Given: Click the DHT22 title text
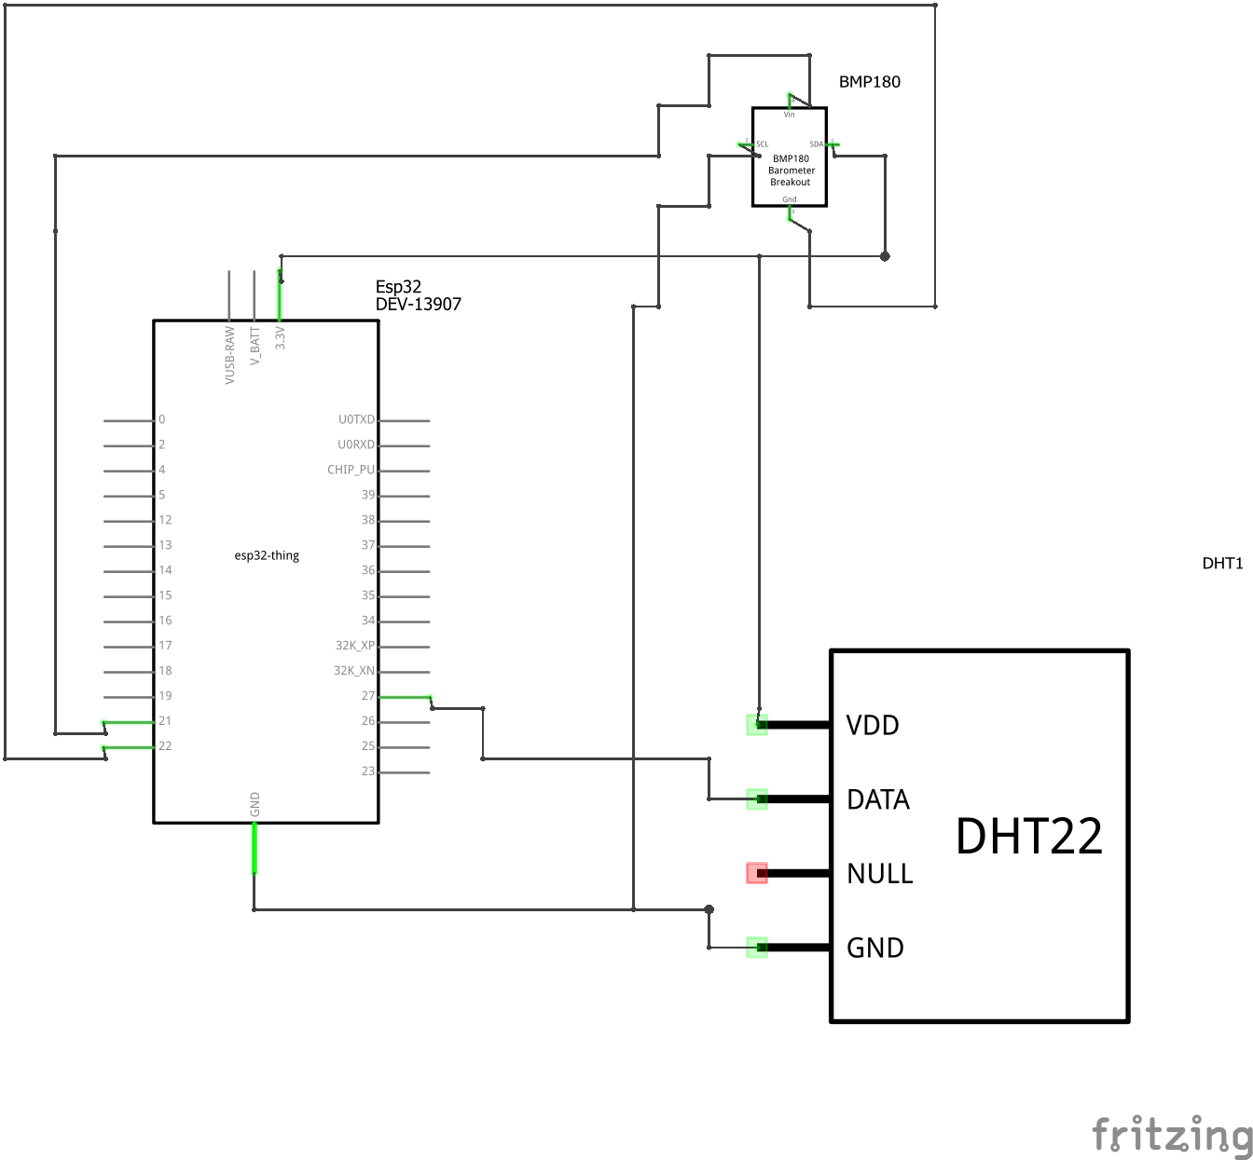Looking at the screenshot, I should [x=1028, y=836].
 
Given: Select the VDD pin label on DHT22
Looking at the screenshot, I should [x=872, y=725].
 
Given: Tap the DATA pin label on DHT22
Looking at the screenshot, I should [x=877, y=799].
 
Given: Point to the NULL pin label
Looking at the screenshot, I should [x=879, y=874].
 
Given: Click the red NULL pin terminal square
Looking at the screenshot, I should [x=757, y=873].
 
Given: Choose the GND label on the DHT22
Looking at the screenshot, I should [x=874, y=948].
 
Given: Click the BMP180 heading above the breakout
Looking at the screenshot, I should [x=869, y=82].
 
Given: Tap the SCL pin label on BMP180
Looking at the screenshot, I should [x=763, y=144].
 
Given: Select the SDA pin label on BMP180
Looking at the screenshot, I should [x=816, y=144].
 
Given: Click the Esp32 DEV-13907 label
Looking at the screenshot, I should [x=418, y=295].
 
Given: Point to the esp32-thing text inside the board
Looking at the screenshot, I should [x=267, y=555].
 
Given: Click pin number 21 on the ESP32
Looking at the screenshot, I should [x=165, y=721].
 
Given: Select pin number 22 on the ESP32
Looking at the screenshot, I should [x=165, y=746].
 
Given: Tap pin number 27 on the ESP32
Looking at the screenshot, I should [x=368, y=696].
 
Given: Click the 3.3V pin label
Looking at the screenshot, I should [x=281, y=337].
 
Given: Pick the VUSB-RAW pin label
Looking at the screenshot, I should [x=230, y=355].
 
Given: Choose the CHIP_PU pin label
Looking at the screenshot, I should [x=351, y=470].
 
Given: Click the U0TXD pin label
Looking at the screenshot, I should [x=356, y=419].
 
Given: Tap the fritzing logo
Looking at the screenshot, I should [x=1171, y=1135].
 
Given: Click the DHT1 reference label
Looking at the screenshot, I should [x=1222, y=564].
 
